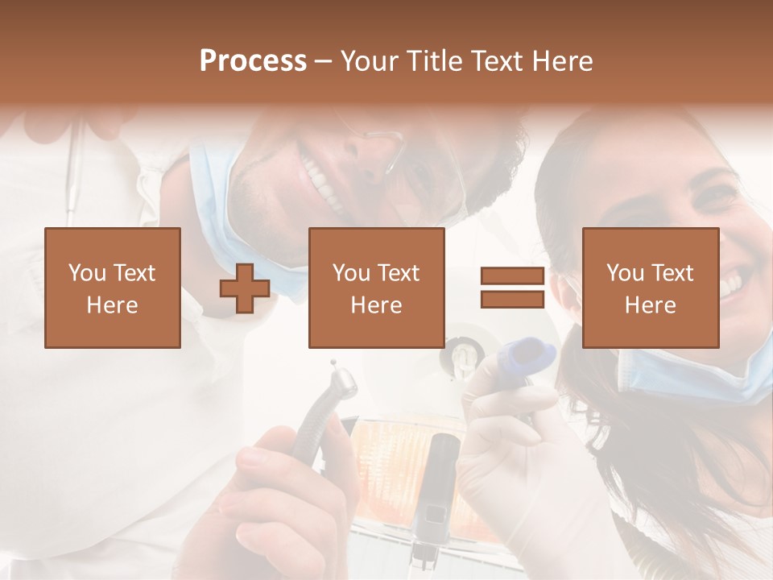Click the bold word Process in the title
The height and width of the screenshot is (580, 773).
click(x=253, y=61)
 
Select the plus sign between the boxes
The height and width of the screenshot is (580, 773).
click(x=245, y=288)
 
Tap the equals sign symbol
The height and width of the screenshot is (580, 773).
click(x=512, y=288)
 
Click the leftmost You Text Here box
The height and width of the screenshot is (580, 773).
click(x=113, y=288)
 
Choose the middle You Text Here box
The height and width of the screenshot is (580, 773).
click(x=377, y=288)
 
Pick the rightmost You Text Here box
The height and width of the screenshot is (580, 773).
click(x=651, y=288)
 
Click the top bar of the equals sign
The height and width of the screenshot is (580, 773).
click(x=512, y=276)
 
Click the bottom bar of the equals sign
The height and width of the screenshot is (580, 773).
click(x=512, y=300)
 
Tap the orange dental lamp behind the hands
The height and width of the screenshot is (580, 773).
click(x=386, y=451)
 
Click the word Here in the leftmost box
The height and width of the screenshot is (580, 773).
click(x=113, y=304)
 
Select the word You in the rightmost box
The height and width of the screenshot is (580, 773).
click(x=625, y=273)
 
